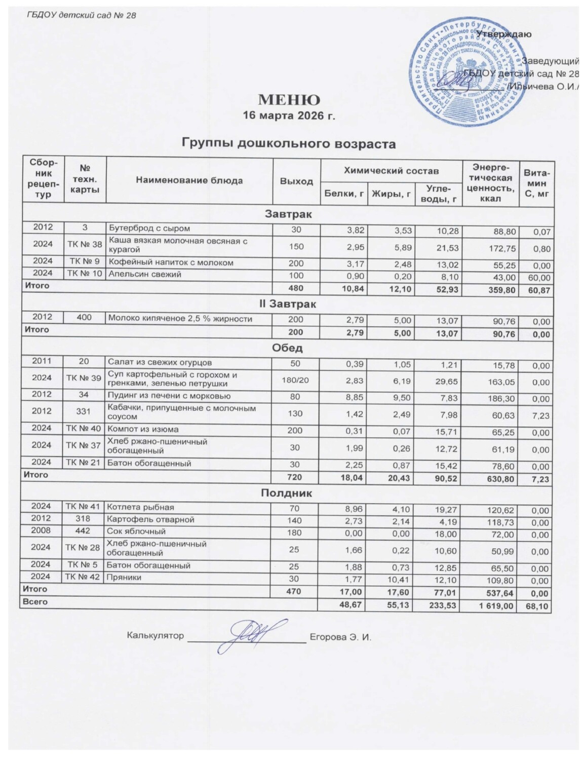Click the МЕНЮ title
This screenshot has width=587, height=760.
[289, 99]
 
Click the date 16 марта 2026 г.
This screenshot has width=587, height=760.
[289, 116]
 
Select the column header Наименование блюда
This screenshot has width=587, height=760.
[190, 180]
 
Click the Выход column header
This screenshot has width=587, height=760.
[297, 181]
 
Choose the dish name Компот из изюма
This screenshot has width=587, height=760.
[142, 429]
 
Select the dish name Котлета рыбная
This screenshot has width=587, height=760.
[141, 507]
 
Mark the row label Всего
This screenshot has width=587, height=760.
[35, 602]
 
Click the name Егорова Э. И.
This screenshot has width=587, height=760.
[340, 637]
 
